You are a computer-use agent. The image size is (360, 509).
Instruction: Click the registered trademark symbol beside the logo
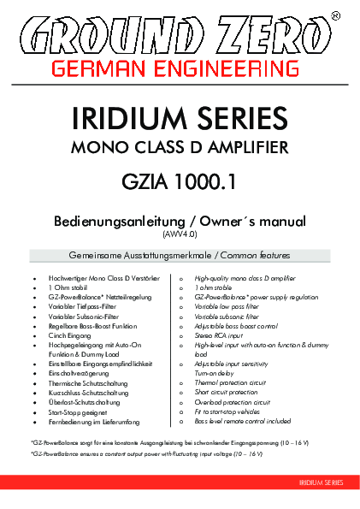(334, 15)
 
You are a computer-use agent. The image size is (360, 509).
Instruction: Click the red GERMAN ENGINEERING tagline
(180, 66)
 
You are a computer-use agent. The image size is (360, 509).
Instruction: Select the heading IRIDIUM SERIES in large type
(180, 116)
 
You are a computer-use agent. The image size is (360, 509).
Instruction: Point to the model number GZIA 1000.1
(180, 181)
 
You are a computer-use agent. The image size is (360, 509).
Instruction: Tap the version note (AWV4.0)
(180, 233)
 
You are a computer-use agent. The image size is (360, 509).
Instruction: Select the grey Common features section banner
(180, 256)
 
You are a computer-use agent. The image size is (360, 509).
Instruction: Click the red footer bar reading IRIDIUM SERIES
(320, 483)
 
